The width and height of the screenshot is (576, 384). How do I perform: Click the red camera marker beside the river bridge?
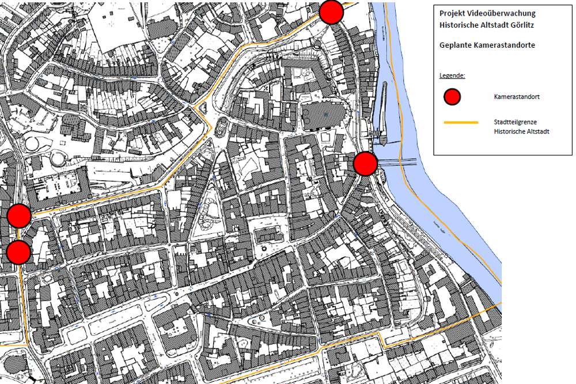365,164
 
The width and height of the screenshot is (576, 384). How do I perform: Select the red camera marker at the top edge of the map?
331,12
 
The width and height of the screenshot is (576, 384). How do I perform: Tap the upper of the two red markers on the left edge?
19,215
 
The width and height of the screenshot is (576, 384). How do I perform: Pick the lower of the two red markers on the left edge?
19,252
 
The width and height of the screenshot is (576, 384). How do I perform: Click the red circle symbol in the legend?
452,97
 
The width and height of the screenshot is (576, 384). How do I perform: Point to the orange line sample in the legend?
461,123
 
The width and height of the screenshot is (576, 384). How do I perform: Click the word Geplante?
456,45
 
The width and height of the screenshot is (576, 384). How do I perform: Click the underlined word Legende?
452,75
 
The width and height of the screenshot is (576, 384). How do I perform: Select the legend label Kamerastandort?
517,97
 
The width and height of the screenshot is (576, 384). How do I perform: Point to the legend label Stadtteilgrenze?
514,123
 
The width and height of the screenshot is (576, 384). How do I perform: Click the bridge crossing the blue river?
397,162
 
